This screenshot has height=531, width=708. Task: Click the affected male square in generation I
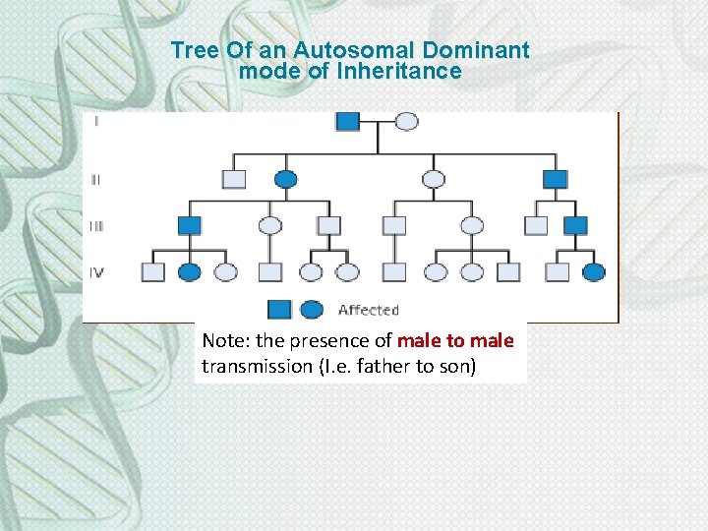pyautogui.click(x=348, y=121)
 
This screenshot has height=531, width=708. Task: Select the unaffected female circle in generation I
pyautogui.click(x=406, y=121)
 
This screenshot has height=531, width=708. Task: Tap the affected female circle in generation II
pyautogui.click(x=285, y=179)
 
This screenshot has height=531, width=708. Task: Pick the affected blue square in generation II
pyautogui.click(x=556, y=179)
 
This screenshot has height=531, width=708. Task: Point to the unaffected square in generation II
pyautogui.click(x=234, y=179)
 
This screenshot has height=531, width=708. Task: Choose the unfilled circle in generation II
pyautogui.click(x=433, y=179)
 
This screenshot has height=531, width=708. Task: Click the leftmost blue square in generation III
pyautogui.click(x=190, y=225)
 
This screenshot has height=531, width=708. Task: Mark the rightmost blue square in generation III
pyautogui.click(x=575, y=225)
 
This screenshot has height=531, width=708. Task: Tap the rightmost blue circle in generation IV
pyautogui.click(x=594, y=271)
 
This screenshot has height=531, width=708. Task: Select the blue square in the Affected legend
pyautogui.click(x=280, y=310)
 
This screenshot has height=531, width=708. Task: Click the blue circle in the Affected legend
pyautogui.click(x=312, y=310)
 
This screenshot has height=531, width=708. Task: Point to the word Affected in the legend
pyautogui.click(x=368, y=311)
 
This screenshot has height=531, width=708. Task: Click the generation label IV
pyautogui.click(x=97, y=271)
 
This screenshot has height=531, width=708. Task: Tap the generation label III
pyautogui.click(x=96, y=225)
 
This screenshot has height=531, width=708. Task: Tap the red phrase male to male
pyautogui.click(x=455, y=341)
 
